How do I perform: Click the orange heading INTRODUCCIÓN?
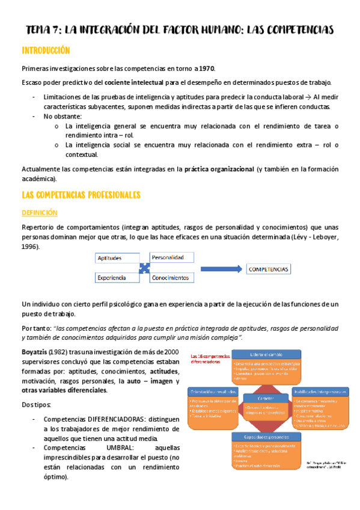46,51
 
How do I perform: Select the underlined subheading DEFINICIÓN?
39,213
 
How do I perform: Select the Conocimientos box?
171,278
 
